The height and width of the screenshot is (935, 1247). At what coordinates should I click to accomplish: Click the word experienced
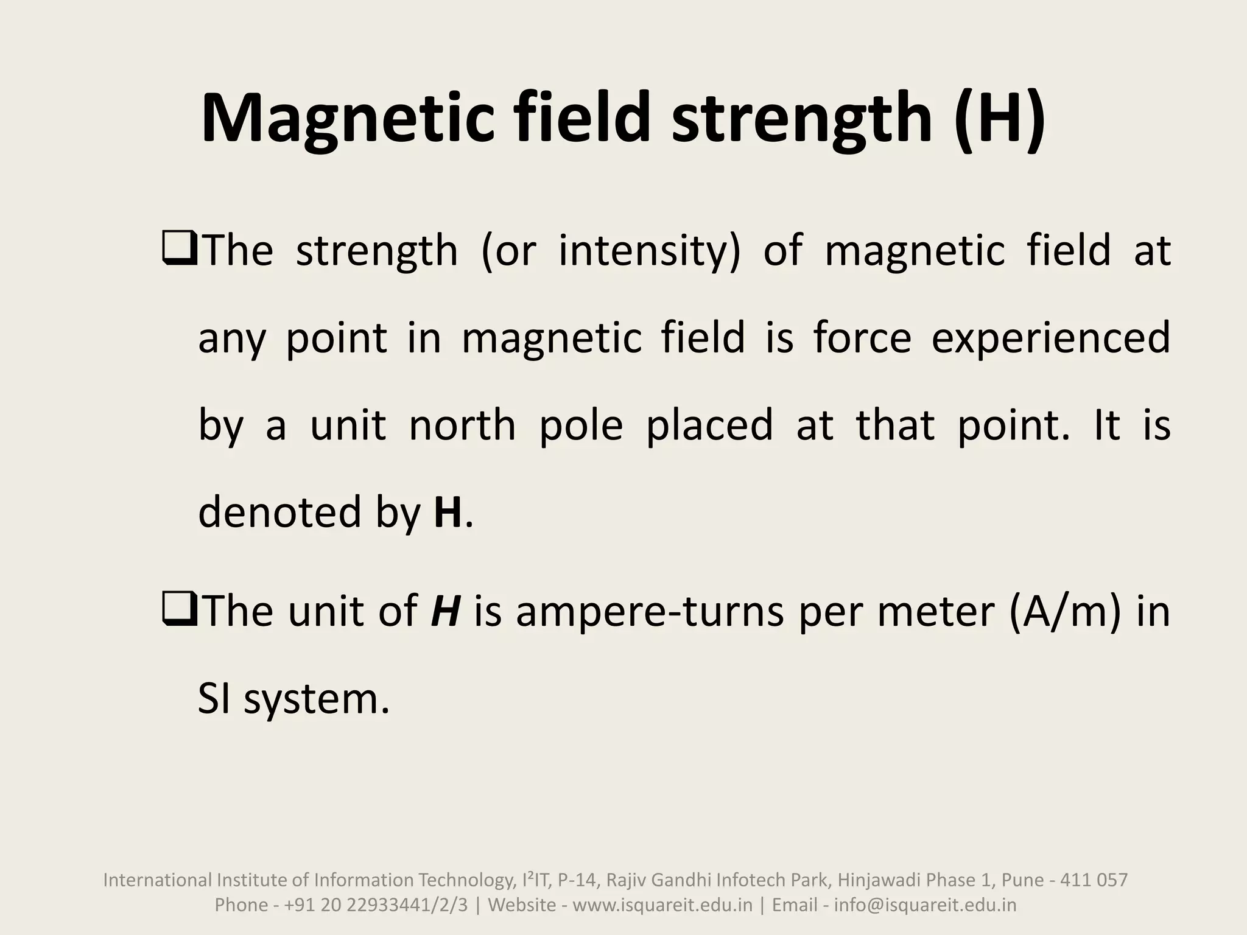[x=1051, y=338]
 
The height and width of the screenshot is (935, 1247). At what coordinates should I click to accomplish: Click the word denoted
[x=280, y=512]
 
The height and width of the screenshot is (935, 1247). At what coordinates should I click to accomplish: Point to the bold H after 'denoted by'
[x=448, y=512]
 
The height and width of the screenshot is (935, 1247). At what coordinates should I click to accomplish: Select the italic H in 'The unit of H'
[x=444, y=611]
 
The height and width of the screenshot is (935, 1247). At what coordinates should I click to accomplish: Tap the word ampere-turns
[x=650, y=611]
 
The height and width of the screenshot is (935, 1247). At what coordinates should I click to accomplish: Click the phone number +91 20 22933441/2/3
[x=376, y=905]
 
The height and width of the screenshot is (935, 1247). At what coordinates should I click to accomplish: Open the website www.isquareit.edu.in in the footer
[x=662, y=905]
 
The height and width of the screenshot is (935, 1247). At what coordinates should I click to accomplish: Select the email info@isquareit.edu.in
[x=925, y=905]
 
